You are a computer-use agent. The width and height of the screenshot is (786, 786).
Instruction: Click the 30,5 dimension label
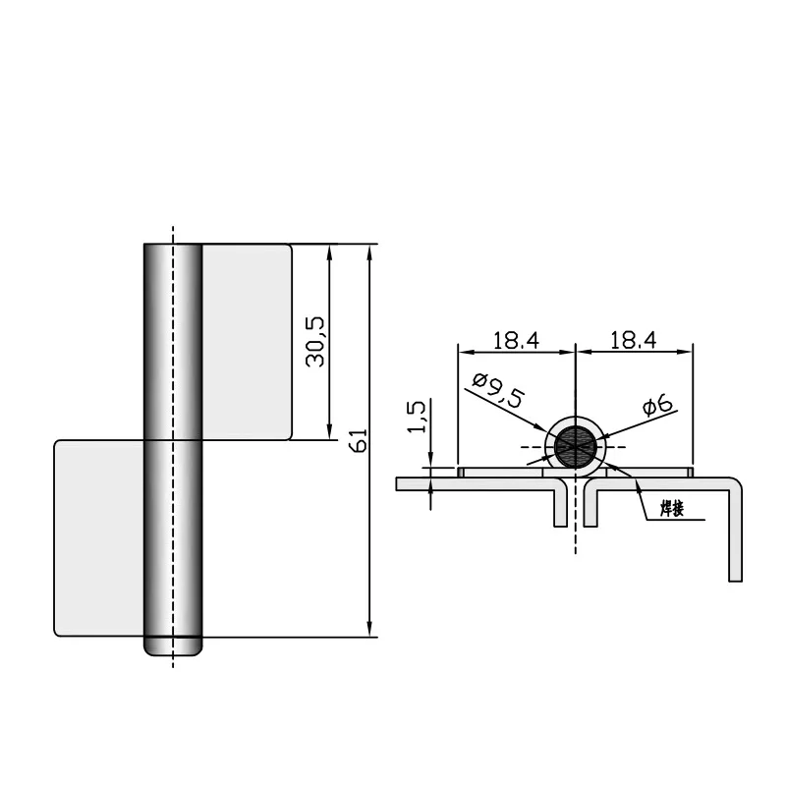(x=316, y=341)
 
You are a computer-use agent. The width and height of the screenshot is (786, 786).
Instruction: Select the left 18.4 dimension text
(x=516, y=340)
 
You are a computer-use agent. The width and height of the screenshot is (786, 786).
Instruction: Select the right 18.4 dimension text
(x=633, y=340)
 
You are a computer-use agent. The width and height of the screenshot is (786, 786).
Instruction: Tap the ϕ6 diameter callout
(x=656, y=404)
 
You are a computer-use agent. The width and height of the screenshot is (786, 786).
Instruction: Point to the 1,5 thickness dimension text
(x=417, y=417)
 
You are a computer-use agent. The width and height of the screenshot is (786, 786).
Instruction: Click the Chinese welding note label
(x=672, y=509)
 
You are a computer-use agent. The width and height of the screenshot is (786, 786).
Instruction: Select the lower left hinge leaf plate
(x=99, y=536)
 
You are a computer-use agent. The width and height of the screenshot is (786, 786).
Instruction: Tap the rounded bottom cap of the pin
(x=173, y=647)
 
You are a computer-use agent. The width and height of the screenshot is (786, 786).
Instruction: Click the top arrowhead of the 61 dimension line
(x=369, y=250)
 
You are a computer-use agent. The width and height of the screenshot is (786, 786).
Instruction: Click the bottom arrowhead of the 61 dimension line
(x=369, y=630)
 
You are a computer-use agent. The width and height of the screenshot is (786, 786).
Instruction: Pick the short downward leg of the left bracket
(x=560, y=506)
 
